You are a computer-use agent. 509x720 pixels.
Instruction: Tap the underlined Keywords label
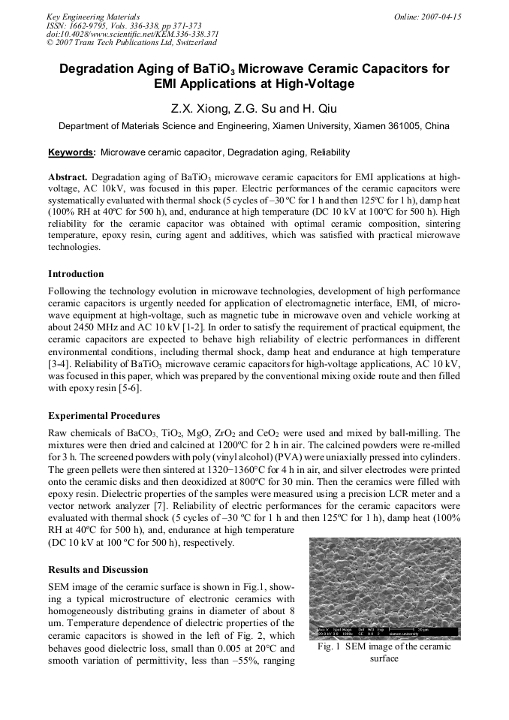[x=71, y=152]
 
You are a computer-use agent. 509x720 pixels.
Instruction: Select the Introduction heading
[x=76, y=274]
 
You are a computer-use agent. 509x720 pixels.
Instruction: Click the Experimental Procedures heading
[x=104, y=416]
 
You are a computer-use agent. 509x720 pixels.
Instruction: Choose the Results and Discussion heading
[x=98, y=570]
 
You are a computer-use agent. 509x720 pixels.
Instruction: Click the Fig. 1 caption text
[x=384, y=646]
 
